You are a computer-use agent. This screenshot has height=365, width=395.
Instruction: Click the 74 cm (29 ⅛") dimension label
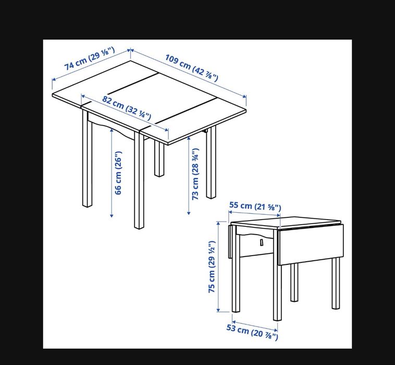coord(90,59)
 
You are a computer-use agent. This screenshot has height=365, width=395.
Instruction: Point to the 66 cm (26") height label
coord(118,173)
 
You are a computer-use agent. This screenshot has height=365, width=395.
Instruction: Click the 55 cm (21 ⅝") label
coord(255,206)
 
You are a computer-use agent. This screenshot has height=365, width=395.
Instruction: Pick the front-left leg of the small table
coord(277,292)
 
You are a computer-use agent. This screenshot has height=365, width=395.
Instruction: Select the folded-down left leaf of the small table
coord(230,241)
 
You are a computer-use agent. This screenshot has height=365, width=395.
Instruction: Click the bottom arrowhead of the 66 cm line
coord(112,216)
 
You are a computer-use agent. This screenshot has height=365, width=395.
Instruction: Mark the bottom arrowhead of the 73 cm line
coord(188,213)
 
